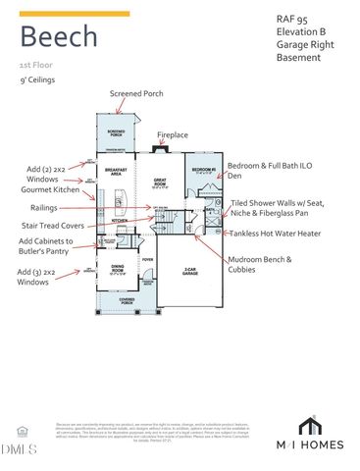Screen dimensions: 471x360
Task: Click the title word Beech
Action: coord(59,37)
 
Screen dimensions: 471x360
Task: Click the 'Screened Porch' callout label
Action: coord(136,93)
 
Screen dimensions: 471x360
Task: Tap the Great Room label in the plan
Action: coord(162,182)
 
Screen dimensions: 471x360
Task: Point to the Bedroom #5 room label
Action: coord(203,170)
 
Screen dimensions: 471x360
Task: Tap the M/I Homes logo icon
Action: coord(310,426)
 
